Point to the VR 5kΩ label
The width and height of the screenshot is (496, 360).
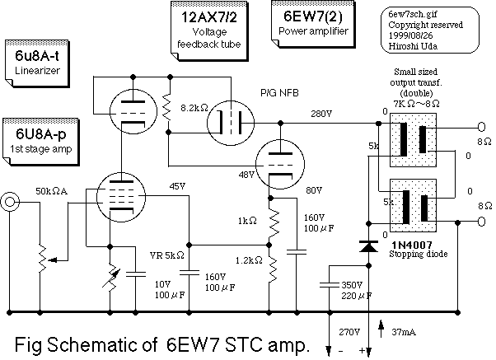(166, 255)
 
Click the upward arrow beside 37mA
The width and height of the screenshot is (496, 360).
(381, 330)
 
